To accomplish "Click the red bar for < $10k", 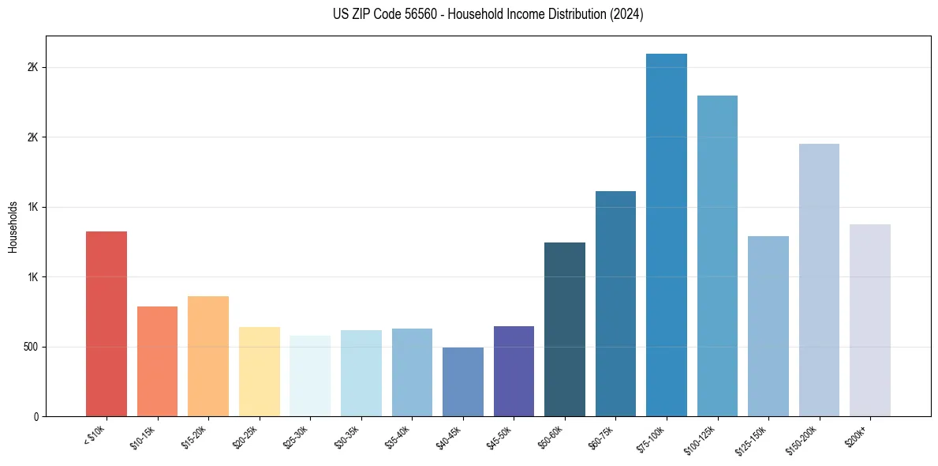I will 106,324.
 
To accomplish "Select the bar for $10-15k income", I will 157,361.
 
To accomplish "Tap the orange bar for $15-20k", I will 208,356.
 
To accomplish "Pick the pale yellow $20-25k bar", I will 259,371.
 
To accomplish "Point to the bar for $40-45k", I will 462,381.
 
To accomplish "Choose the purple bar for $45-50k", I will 514,371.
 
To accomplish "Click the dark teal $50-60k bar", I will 565,329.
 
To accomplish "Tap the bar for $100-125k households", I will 717,256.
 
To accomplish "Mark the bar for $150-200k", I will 819,280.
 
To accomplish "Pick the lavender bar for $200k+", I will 869,320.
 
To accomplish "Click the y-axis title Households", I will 13,226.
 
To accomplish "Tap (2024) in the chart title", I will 628,15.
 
